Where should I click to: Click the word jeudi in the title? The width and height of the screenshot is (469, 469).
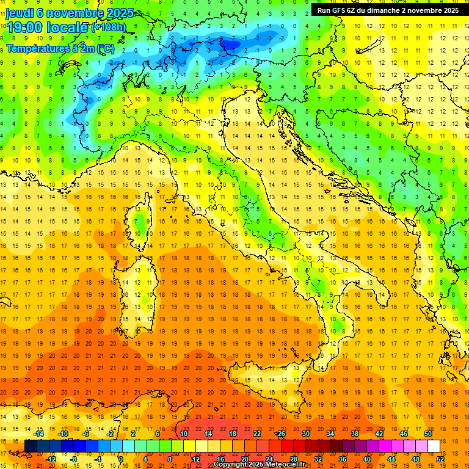click(x=20, y=13)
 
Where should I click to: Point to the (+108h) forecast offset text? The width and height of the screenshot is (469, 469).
click(x=110, y=27)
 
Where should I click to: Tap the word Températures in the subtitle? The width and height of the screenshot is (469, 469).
click(x=37, y=48)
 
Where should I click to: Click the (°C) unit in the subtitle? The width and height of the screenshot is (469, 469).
click(x=105, y=48)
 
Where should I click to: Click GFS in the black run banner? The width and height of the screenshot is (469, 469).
click(x=341, y=10)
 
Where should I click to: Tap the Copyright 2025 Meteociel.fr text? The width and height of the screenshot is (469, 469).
click(x=259, y=464)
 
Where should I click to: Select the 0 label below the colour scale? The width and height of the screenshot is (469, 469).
click(x=121, y=459)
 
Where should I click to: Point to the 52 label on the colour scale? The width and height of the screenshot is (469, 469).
click(x=440, y=459)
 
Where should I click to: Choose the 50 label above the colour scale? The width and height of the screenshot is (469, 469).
click(x=428, y=434)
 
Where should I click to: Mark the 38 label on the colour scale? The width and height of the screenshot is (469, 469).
click(x=354, y=434)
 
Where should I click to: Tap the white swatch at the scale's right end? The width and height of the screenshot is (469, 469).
click(x=434, y=446)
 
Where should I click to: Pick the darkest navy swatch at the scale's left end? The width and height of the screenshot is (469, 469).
click(x=31, y=446)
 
